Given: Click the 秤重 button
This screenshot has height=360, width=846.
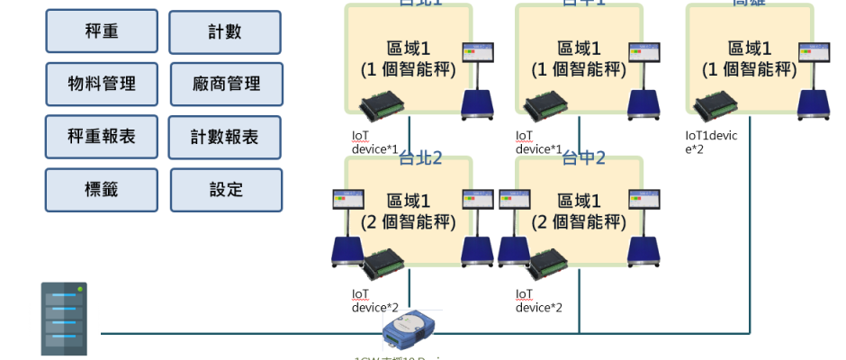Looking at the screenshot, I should click(102, 32).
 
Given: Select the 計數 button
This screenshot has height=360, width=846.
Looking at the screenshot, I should click(224, 32).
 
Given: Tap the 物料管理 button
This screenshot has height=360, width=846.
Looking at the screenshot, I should click(102, 84).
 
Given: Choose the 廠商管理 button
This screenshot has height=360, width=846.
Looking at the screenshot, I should click(225, 84).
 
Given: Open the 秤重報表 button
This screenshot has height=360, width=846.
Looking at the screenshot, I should click(102, 137).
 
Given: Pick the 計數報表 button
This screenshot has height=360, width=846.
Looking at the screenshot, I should click(224, 137).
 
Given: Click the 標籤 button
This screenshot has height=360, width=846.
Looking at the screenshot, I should click(102, 189).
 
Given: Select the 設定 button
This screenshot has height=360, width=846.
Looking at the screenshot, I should click(225, 189).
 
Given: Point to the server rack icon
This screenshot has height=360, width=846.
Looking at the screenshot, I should click(63, 319).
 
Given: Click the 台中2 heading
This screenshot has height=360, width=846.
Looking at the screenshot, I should click(583, 159).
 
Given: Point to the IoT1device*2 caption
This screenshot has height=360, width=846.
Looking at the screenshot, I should click(711, 141).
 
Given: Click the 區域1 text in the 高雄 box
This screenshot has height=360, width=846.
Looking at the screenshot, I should click(751, 49).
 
